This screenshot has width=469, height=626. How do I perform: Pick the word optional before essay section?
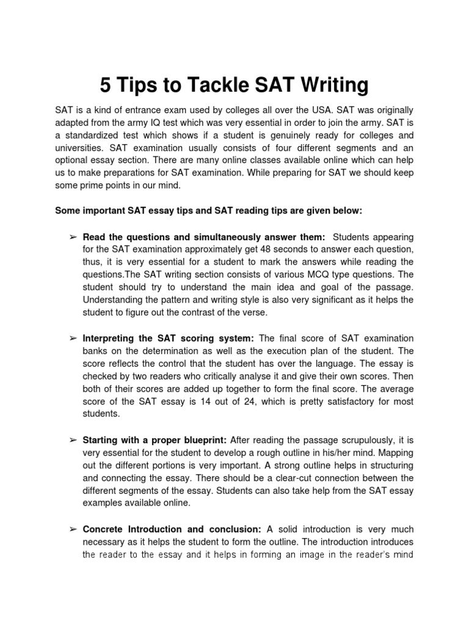(72, 160)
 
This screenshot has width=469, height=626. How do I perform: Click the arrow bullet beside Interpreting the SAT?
(72, 339)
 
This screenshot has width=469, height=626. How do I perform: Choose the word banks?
(95, 351)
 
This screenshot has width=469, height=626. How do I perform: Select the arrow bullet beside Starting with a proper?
(72, 440)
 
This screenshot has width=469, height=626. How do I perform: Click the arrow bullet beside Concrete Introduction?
(72, 529)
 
